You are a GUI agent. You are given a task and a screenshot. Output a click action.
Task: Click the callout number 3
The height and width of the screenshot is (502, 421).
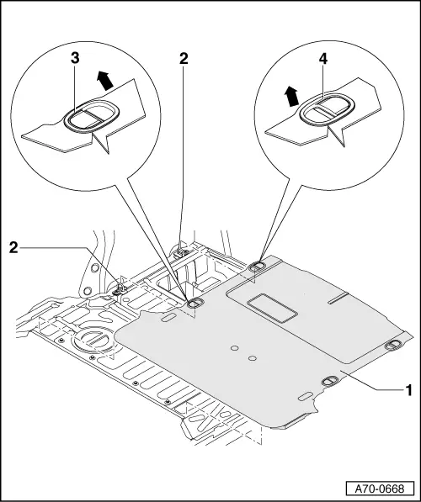(x=75, y=59)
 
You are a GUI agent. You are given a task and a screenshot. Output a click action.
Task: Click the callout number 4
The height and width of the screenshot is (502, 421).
(x=323, y=59)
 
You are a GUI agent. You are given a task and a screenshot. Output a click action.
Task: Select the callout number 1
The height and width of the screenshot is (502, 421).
(x=409, y=390)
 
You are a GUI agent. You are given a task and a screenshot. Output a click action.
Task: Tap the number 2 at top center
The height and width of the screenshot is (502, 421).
(x=184, y=59)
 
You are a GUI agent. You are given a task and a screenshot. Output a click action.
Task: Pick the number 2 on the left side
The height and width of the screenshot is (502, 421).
(x=13, y=247)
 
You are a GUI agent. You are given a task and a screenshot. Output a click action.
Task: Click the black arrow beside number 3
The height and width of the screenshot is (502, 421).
(x=105, y=81)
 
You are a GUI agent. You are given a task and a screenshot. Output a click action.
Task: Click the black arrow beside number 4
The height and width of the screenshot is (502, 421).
(x=291, y=96)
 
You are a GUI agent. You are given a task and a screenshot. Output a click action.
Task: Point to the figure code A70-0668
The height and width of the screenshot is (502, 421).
(x=380, y=489)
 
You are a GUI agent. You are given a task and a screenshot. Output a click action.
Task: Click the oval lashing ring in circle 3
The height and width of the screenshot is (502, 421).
(x=92, y=115)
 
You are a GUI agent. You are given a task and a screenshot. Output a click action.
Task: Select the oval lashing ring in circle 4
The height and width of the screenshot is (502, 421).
(x=327, y=109)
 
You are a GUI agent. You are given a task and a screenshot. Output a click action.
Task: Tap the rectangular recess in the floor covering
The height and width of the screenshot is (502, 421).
(x=272, y=308)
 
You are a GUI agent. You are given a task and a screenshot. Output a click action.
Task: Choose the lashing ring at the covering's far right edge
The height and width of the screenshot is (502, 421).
(x=393, y=345)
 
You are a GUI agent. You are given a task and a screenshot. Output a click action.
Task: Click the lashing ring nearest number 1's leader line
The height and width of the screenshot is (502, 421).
(x=330, y=381)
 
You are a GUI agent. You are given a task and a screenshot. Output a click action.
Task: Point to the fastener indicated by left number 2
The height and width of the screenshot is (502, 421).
(x=120, y=289)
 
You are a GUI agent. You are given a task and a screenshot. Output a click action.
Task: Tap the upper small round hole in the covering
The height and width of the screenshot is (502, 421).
(x=235, y=347)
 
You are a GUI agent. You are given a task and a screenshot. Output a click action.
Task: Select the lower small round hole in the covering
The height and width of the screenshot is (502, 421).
(x=253, y=357)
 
